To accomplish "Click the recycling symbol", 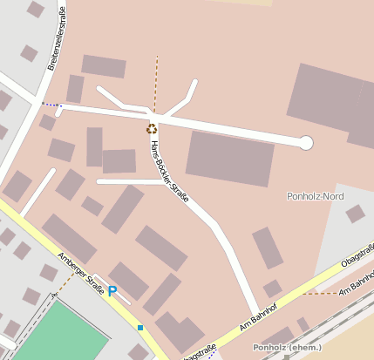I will [152, 128].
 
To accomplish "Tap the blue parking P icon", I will [112, 290].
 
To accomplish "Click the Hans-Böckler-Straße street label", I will [169, 171].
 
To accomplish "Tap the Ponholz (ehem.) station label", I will [281, 348].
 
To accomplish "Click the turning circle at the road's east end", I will [306, 143].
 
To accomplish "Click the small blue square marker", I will [139, 328].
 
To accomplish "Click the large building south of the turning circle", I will [230, 157].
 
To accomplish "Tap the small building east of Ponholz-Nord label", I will [355, 214].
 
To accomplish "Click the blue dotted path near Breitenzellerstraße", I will [51, 105].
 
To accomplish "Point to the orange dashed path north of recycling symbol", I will [157, 84].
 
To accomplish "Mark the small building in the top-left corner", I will [36, 10].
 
